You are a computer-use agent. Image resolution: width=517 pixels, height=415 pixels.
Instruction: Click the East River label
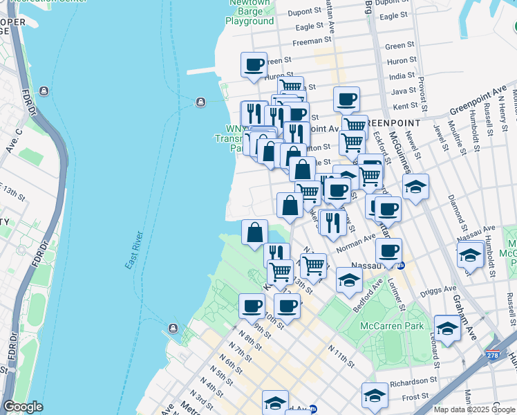coord(138,250)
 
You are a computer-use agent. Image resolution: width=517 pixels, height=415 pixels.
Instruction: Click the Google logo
coord(23,407)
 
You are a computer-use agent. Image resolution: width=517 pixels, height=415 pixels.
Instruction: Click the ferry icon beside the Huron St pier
coord(200,102)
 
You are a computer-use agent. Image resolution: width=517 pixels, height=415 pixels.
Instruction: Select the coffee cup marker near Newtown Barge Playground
coord(254,65)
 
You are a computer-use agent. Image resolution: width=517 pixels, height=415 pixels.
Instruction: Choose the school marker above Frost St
coord(375,395)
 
